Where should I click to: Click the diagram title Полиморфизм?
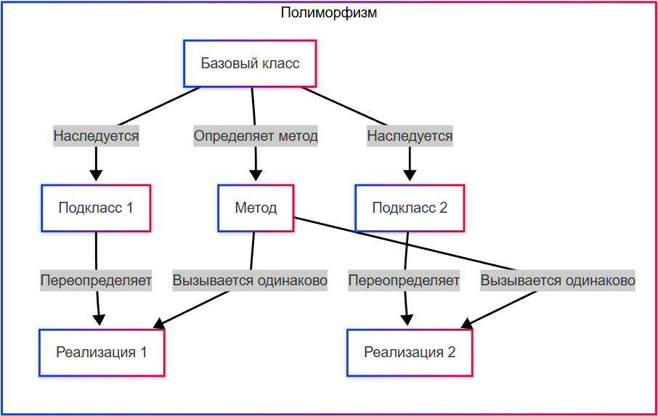coord(329,13)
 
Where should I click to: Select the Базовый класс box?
coord(251,63)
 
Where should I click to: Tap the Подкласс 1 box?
coord(96,208)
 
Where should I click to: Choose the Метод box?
coord(256,208)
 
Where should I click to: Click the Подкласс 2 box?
coord(410,208)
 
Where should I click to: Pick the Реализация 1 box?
coord(102,353)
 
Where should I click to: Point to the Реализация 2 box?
coord(410,353)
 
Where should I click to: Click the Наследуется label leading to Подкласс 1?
coord(96,136)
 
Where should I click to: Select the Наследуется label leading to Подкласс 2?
coord(410,136)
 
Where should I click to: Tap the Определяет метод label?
coord(256,136)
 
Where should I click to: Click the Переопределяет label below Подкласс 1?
coord(96,280)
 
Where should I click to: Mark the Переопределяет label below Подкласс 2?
coord(404,280)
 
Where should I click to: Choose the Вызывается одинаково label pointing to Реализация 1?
coord(250,280)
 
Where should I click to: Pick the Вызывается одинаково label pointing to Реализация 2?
coord(558,280)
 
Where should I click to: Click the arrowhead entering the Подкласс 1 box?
coord(96,176)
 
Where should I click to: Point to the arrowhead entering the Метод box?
coord(256,176)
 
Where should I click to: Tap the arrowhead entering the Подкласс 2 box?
coord(410,176)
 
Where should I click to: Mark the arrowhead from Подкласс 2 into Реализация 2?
coord(408,321)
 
